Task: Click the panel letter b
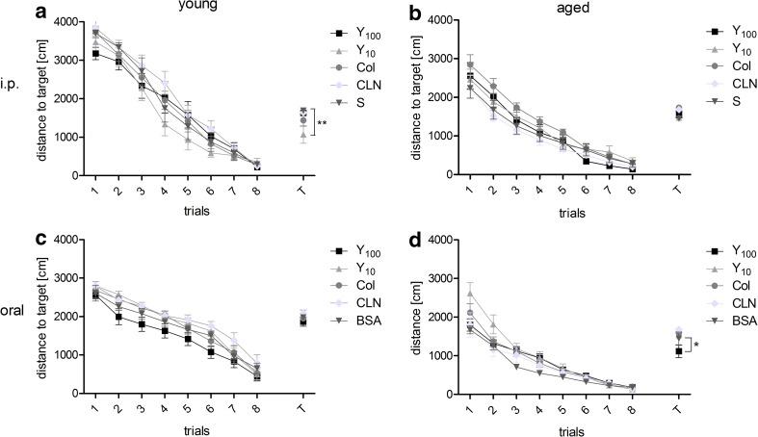pyautogui.click(x=417, y=11)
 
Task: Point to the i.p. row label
pyautogui.click(x=13, y=97)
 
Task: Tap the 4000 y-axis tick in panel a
pyautogui.click(x=66, y=20)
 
